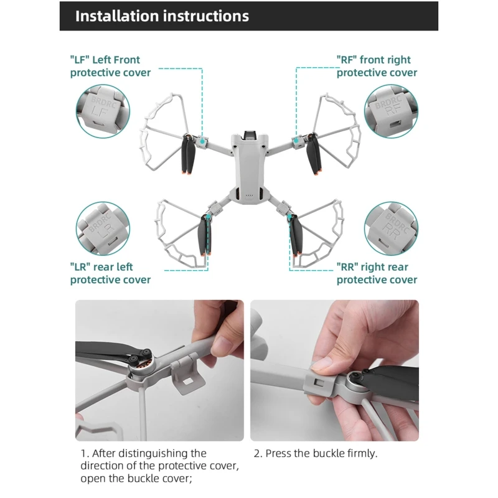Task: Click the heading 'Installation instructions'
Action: point(162,16)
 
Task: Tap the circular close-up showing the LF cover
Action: point(103,111)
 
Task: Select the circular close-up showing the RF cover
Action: point(391,111)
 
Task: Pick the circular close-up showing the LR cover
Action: point(103,228)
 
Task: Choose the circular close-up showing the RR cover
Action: point(391,228)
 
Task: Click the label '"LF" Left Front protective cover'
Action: point(110,66)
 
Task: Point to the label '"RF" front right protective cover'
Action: point(377,66)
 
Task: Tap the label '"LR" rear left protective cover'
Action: point(110,273)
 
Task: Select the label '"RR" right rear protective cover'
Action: point(377,273)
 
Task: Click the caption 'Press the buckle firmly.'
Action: point(321,453)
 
